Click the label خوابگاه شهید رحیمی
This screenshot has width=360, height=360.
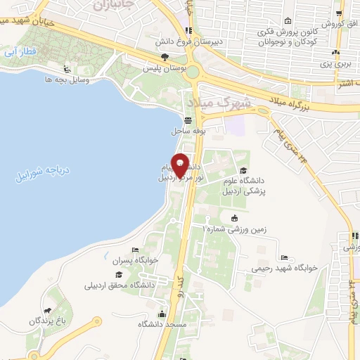(285, 268)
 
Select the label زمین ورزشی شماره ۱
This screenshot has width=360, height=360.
(235, 229)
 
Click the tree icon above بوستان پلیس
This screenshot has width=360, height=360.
(164, 57)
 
